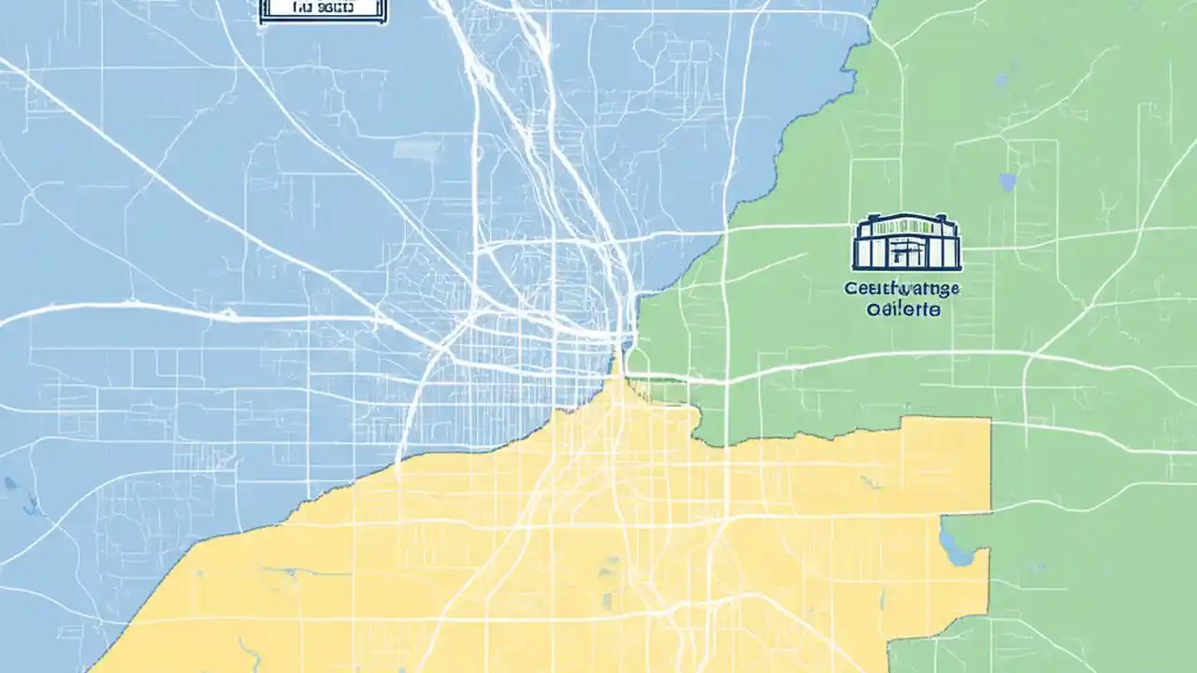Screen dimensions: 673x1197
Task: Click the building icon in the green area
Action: click(907, 243)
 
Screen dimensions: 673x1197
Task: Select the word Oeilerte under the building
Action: click(902, 309)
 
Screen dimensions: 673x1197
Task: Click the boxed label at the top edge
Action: click(323, 9)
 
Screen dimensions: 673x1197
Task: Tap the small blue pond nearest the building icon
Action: click(1006, 181)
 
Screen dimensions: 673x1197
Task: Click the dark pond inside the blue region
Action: click(12, 485)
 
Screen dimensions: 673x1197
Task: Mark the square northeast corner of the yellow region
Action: click(988, 420)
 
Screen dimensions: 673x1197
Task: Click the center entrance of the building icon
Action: click(905, 252)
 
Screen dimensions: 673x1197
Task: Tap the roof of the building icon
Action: click(907, 221)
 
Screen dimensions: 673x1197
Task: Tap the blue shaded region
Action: click(187, 234)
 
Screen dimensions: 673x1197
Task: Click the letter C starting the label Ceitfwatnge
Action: click(849, 290)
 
